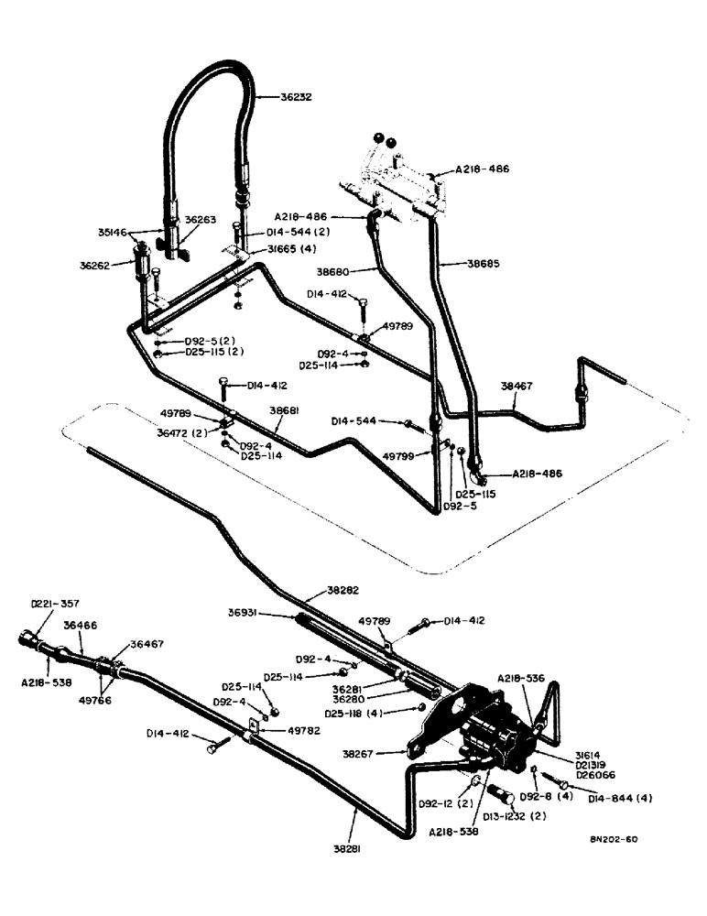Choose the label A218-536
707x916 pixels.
tap(522, 679)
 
